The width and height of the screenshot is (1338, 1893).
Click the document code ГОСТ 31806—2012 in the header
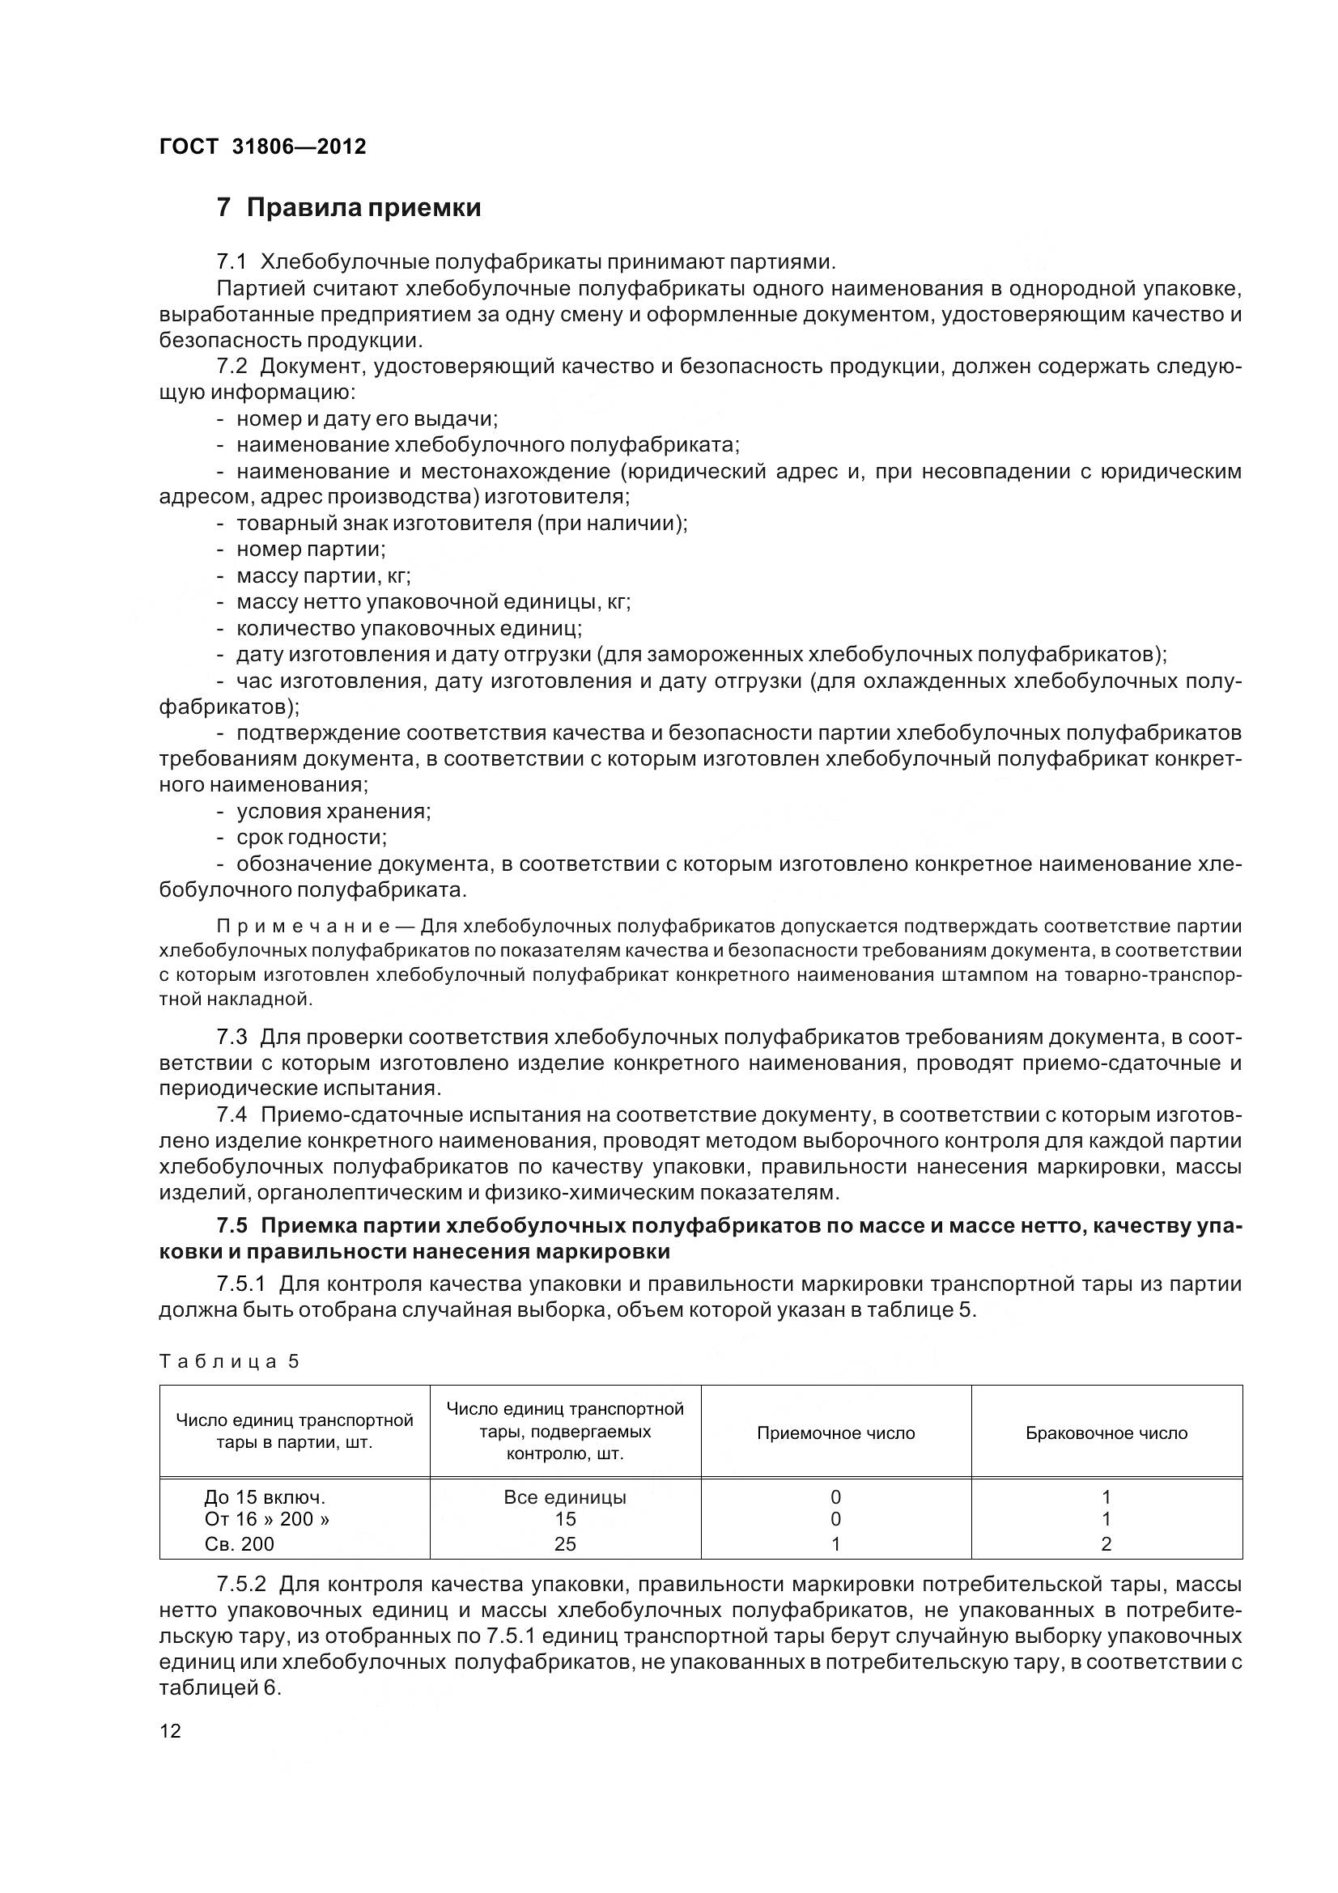point(262,146)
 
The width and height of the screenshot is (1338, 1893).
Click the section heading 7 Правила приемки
point(349,207)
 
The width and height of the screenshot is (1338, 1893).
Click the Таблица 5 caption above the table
point(228,1361)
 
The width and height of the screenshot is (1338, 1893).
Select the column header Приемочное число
point(835,1433)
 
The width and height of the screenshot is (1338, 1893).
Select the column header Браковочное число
point(1106,1433)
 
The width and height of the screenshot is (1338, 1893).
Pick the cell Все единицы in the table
point(565,1497)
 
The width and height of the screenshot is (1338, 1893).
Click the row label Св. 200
point(239,1543)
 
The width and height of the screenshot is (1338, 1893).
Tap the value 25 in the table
point(565,1543)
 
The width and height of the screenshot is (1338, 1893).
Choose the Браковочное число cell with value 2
point(1106,1543)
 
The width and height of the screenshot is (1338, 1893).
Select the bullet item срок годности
point(312,838)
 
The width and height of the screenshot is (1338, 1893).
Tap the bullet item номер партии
point(311,549)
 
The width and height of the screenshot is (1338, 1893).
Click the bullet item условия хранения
point(333,811)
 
